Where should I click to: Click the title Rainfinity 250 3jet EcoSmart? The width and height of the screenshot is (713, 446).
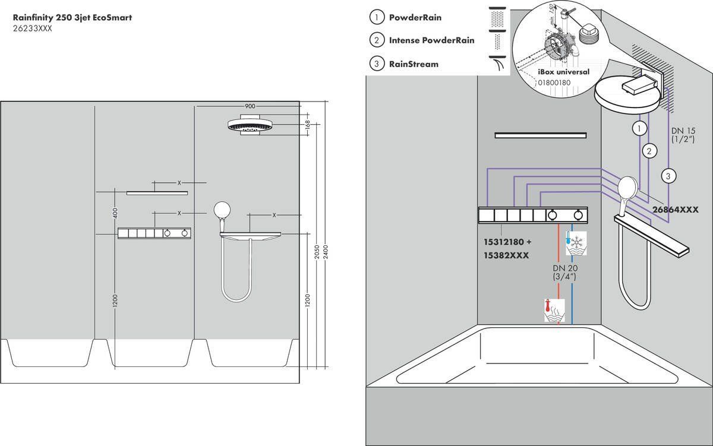click(x=72, y=17)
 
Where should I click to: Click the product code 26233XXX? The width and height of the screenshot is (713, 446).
click(x=33, y=29)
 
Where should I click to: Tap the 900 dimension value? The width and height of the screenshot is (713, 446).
click(x=250, y=106)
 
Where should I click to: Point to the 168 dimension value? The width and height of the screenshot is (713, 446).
click(x=307, y=125)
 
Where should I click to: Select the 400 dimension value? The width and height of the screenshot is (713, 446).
click(x=116, y=212)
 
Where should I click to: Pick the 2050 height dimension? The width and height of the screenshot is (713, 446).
click(x=317, y=252)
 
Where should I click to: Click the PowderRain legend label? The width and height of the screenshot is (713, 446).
click(x=423, y=18)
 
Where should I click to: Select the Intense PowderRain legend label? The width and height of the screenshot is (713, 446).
click(x=431, y=40)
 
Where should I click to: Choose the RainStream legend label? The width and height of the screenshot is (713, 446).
click(x=414, y=64)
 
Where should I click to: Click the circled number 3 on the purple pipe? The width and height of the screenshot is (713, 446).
click(x=669, y=175)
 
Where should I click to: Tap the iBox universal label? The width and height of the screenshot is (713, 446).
click(x=563, y=72)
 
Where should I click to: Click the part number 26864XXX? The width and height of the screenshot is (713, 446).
click(x=674, y=210)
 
